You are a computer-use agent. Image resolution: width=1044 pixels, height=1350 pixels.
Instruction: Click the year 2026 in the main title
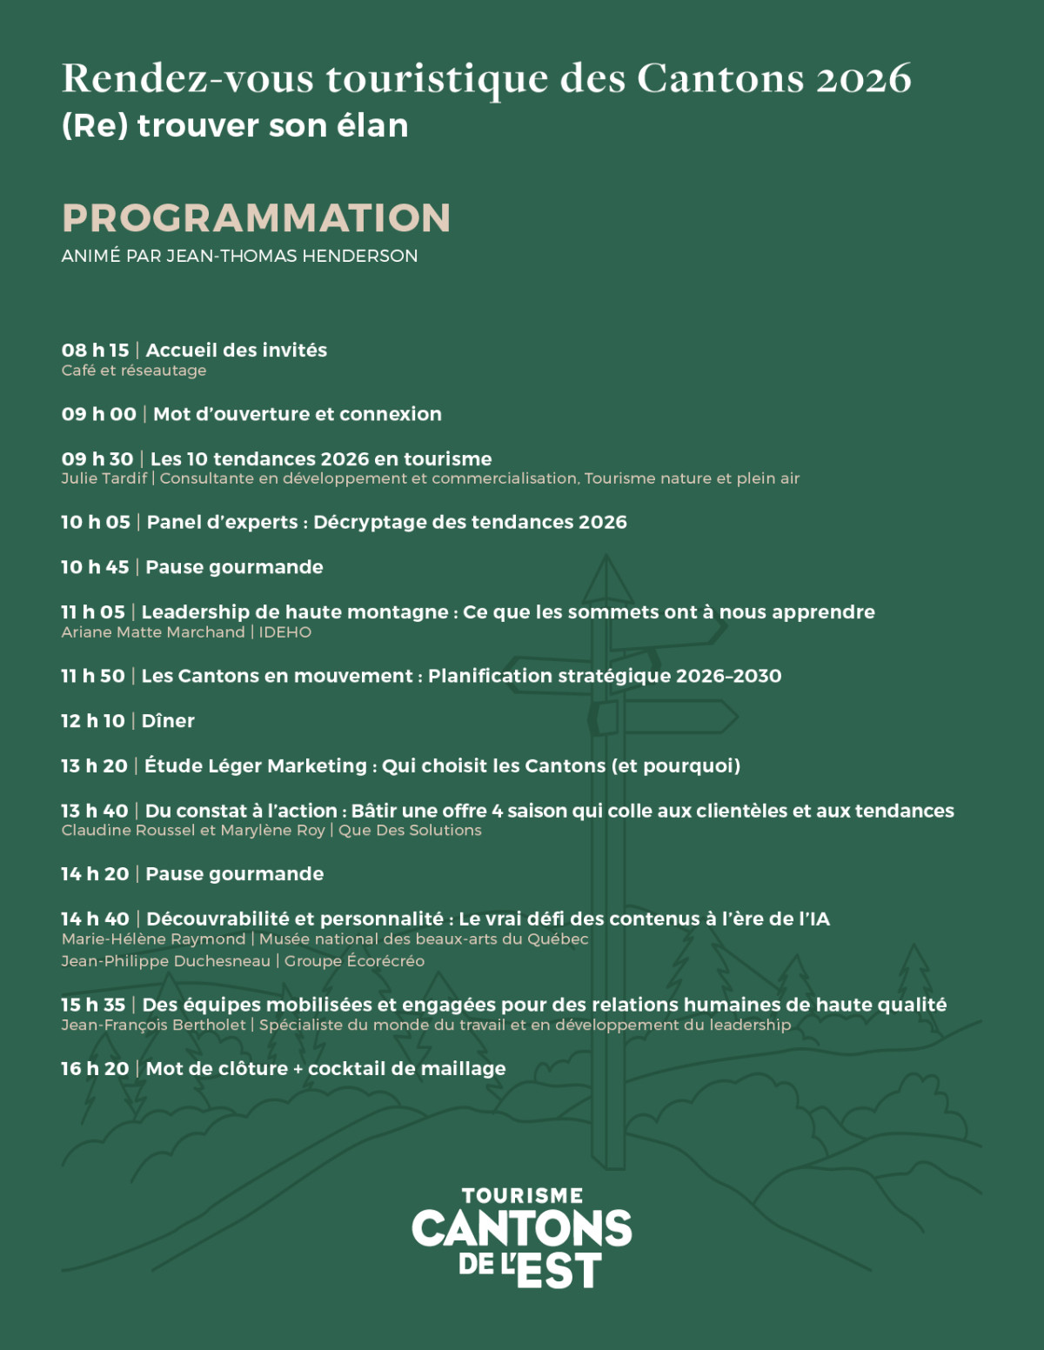[863, 78]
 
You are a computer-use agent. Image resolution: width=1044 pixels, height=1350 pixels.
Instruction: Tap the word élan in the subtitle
[372, 125]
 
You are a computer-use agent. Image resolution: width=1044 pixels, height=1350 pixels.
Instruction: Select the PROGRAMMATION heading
[256, 217]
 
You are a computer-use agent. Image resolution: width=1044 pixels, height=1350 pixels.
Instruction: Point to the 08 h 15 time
[95, 350]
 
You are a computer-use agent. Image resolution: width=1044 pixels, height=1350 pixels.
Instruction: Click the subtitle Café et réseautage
[134, 371]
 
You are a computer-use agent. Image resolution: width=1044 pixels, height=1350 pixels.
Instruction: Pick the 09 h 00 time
[98, 414]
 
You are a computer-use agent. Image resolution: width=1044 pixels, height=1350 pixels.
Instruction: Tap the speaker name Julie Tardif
[104, 478]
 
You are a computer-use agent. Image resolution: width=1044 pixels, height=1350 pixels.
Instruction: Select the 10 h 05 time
[95, 522]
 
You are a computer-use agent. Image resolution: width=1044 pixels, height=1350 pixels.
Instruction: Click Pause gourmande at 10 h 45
[234, 567]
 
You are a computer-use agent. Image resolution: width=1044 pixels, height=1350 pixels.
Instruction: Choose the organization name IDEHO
[284, 632]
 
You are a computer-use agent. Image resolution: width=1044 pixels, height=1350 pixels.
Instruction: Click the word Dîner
[168, 721]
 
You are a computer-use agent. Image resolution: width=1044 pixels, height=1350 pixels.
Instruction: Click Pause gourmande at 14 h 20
[234, 874]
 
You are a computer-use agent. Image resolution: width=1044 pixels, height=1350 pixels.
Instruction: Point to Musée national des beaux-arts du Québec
[424, 939]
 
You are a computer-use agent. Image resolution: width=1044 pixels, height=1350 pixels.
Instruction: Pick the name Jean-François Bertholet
[153, 1025]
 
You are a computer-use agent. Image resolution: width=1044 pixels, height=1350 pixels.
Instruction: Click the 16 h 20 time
[95, 1069]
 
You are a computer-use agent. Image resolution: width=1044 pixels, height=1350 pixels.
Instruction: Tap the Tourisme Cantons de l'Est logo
[522, 1237]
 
